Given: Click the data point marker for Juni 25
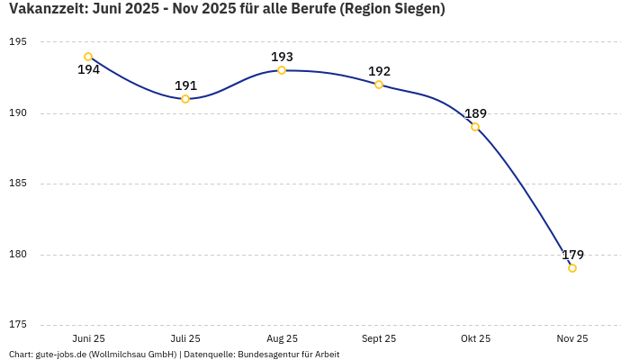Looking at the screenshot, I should click(x=88, y=57).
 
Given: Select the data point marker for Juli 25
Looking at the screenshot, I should click(x=185, y=99).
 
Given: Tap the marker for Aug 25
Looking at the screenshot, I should click(x=282, y=70).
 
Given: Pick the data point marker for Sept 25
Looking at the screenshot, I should click(x=379, y=85).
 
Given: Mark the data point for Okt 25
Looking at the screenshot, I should click(x=475, y=127).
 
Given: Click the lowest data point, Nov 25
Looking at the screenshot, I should click(x=572, y=268).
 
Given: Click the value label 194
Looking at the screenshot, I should click(x=88, y=70).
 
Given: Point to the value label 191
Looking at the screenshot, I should click(x=185, y=85).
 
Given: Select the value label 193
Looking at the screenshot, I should click(x=282, y=57).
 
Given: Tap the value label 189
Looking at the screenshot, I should click(x=475, y=113).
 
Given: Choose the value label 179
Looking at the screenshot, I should click(x=572, y=255).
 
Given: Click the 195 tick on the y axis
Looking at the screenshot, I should click(x=18, y=42).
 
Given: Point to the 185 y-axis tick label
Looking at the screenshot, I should click(x=18, y=184).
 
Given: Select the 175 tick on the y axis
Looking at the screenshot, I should click(x=18, y=325).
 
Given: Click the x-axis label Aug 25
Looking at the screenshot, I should click(x=282, y=338).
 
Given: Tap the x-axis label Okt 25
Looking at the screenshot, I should click(x=475, y=338).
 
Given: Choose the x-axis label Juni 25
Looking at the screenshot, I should click(x=88, y=338).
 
